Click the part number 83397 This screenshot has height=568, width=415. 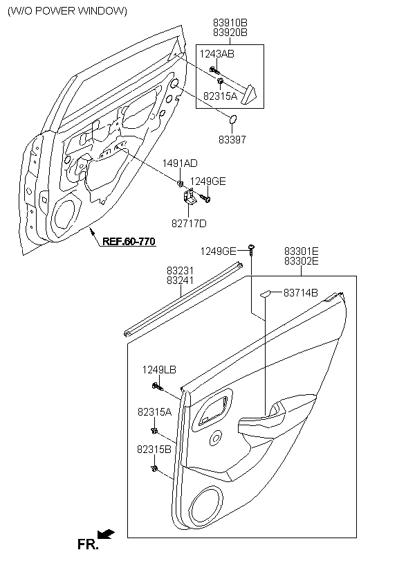pyautogui.click(x=232, y=139)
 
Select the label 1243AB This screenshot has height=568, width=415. pyautogui.click(x=216, y=54)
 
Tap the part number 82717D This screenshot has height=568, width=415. pyautogui.click(x=189, y=224)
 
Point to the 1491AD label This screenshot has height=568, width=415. pyautogui.click(x=180, y=163)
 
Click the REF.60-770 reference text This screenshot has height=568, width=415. pyautogui.click(x=129, y=241)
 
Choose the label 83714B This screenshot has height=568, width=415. pyautogui.click(x=301, y=293)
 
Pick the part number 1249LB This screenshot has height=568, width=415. pyautogui.click(x=159, y=370)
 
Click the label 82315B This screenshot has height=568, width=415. pyautogui.click(x=154, y=449)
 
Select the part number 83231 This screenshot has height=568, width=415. pyautogui.click(x=181, y=271)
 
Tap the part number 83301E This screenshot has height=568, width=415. pyautogui.click(x=302, y=251)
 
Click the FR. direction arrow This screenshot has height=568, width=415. pyautogui.click(x=106, y=534)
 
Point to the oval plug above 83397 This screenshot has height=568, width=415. pyautogui.click(x=233, y=119)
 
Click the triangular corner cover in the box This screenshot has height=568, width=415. pyautogui.click(x=249, y=94)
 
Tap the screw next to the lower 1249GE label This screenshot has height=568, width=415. pyautogui.click(x=251, y=249)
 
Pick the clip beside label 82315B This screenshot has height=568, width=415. pyautogui.click(x=154, y=469)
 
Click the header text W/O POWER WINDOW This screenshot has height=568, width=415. pyautogui.click(x=67, y=11)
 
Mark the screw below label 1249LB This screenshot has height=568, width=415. pyautogui.click(x=157, y=387)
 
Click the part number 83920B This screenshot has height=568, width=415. pyautogui.click(x=230, y=33)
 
